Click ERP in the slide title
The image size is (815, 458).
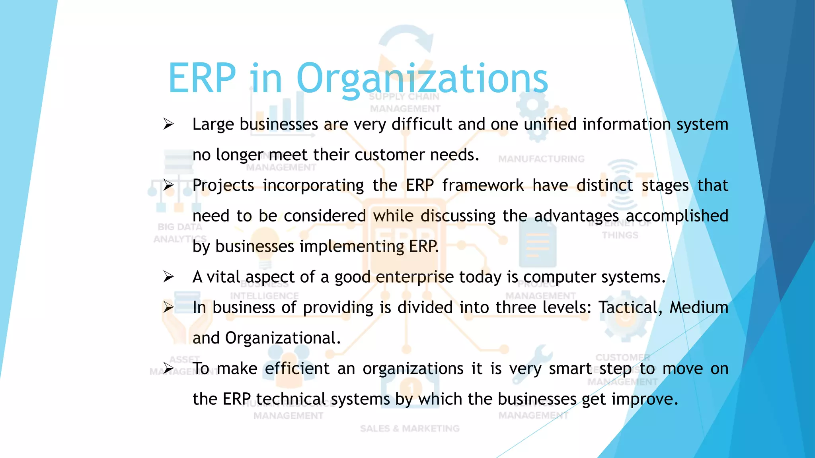pos(202,79)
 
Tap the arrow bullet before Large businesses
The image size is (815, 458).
pos(168,124)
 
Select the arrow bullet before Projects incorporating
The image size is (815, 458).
pos(168,186)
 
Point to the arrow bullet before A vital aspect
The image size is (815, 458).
pos(168,277)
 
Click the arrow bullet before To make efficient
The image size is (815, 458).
pos(168,369)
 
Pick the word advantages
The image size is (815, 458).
pos(576,216)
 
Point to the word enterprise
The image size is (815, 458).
pos(415,277)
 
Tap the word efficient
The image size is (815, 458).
pos(297,369)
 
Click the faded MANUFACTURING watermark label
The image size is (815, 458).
pos(541,159)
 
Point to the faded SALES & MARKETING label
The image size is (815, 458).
pos(409,429)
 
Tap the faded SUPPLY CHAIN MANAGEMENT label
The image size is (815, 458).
pos(405,103)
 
